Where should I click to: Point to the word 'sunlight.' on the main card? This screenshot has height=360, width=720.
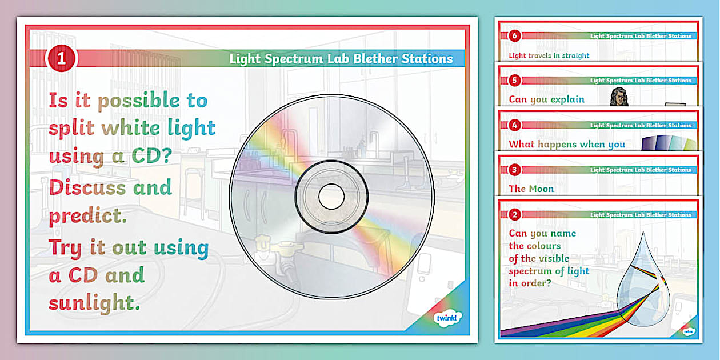(x=94, y=302)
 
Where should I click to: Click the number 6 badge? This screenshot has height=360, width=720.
(x=514, y=36)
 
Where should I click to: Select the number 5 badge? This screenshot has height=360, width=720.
(x=514, y=81)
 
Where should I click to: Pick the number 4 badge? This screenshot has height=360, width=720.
(x=514, y=125)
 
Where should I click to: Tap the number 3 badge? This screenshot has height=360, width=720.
(x=514, y=170)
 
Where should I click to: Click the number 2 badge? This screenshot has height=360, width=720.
(x=514, y=215)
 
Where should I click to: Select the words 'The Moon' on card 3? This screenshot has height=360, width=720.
(x=531, y=189)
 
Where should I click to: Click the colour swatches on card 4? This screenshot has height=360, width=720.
(x=669, y=142)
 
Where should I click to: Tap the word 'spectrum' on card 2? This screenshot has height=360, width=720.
(x=530, y=270)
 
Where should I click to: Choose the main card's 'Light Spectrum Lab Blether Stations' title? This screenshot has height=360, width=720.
(x=341, y=58)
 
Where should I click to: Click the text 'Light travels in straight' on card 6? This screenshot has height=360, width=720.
(x=549, y=55)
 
